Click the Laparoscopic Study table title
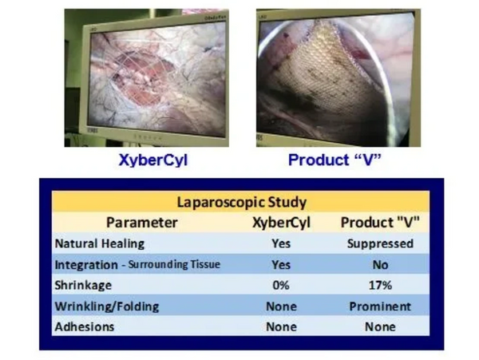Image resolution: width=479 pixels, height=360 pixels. tap(242, 202)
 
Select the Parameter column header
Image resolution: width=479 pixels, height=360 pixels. tap(142, 222)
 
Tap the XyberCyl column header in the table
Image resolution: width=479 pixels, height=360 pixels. tap(281, 223)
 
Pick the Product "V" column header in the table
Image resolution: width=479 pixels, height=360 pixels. tap(380, 222)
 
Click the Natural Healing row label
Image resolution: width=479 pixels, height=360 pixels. tap(100, 243)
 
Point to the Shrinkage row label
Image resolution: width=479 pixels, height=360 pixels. tap(83, 286)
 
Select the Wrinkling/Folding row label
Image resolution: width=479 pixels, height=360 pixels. tap(107, 307)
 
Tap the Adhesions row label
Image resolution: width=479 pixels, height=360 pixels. tap(85, 326)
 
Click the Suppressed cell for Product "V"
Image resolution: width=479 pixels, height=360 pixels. tap(380, 243)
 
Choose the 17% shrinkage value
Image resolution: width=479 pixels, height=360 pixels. tap(380, 285)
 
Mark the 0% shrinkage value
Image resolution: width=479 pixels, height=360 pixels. tap(281, 285)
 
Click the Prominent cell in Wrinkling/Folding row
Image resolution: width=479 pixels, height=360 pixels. tap(380, 307)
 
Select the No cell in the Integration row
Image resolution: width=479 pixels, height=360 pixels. tap(380, 265)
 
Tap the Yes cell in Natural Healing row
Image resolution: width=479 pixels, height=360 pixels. tap(281, 243)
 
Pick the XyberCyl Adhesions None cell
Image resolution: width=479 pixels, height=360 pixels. tap(281, 326)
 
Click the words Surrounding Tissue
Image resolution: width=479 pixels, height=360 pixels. tap(174, 264)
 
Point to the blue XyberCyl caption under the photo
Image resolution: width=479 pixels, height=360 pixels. tap(153, 160)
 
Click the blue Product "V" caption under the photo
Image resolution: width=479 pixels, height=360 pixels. tap(335, 160)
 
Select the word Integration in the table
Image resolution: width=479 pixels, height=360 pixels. tap(86, 265)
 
